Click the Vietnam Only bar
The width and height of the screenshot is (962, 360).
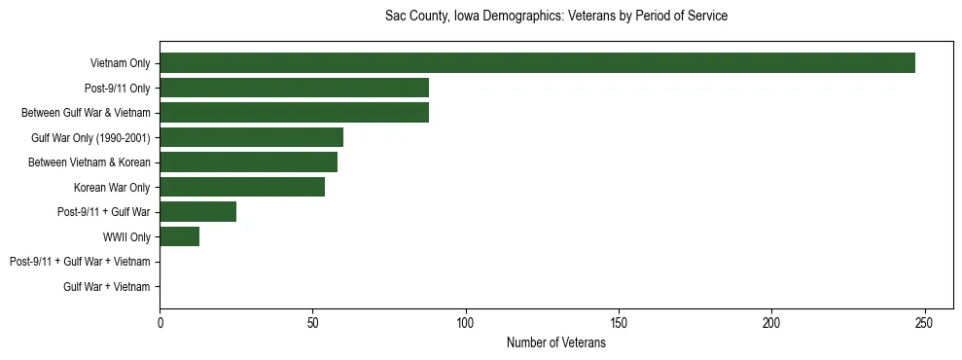pos(537,63)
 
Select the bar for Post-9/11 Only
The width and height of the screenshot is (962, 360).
pos(294,88)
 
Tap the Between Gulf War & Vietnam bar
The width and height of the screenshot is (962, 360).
pos(294,113)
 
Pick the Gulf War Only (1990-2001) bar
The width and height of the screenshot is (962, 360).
pos(251,137)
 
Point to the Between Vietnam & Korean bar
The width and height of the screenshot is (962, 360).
pos(248,162)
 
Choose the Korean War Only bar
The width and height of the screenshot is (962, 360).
pos(242,187)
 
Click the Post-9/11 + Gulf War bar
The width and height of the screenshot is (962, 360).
pos(197,212)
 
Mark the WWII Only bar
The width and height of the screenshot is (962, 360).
pos(179,236)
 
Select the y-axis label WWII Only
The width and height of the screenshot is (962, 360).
pos(126,236)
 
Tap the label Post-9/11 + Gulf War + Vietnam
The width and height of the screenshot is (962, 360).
pos(80,262)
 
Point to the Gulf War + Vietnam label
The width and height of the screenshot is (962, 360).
pos(107,287)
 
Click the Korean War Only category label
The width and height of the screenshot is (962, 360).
pos(112,187)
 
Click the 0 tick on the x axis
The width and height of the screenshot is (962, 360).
pos(160,322)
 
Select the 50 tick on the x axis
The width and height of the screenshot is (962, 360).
pos(312,322)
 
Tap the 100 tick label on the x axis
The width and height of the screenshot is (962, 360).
pos(466,322)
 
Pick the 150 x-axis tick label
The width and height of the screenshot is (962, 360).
pos(619,322)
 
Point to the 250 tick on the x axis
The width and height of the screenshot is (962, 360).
pos(925,322)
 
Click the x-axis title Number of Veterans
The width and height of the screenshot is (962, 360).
pos(556,342)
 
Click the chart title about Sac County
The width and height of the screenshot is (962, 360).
pos(556,17)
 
